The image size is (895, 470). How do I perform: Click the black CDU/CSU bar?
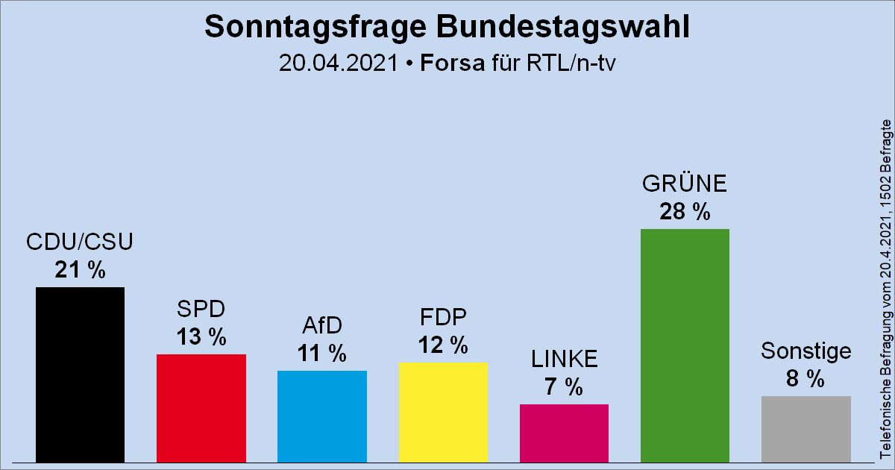(x=80, y=375)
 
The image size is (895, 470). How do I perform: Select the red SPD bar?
(x=201, y=407)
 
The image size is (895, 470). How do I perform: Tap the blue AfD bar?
(x=322, y=416)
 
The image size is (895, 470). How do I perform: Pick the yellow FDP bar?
(x=443, y=412)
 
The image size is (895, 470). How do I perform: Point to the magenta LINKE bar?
(x=564, y=433)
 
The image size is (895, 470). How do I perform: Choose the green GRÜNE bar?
(x=685, y=345)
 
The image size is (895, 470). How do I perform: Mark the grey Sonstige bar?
(x=806, y=428)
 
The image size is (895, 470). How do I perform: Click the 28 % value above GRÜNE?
(x=685, y=212)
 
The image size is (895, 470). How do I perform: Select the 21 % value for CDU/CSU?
(x=80, y=270)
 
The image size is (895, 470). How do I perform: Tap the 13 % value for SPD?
(x=201, y=337)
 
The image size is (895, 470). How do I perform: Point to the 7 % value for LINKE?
(x=564, y=387)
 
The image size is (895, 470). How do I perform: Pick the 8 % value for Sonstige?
(x=806, y=379)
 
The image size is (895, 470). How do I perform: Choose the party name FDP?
(x=443, y=318)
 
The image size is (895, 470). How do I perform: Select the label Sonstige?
(x=806, y=351)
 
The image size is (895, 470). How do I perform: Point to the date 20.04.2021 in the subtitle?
(x=338, y=63)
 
